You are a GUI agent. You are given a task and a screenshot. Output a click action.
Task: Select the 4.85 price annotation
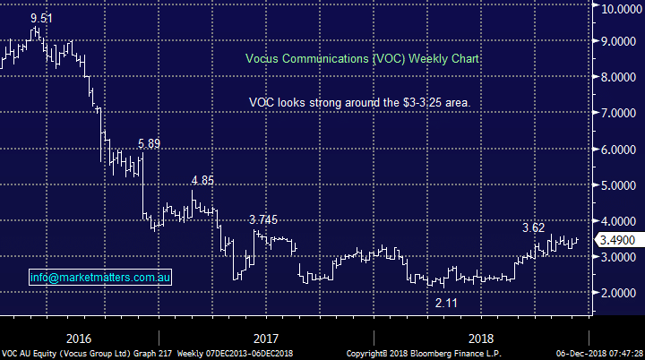[x=202, y=180]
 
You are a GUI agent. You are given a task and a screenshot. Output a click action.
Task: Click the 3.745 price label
[x=265, y=219]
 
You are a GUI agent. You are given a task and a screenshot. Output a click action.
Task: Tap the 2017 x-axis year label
[x=266, y=339]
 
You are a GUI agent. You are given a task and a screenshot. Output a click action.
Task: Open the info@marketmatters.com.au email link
[x=99, y=279]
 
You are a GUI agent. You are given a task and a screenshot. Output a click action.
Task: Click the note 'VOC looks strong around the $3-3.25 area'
[x=360, y=103]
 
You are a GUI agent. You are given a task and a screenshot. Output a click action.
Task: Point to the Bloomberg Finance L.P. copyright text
[x=423, y=354]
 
